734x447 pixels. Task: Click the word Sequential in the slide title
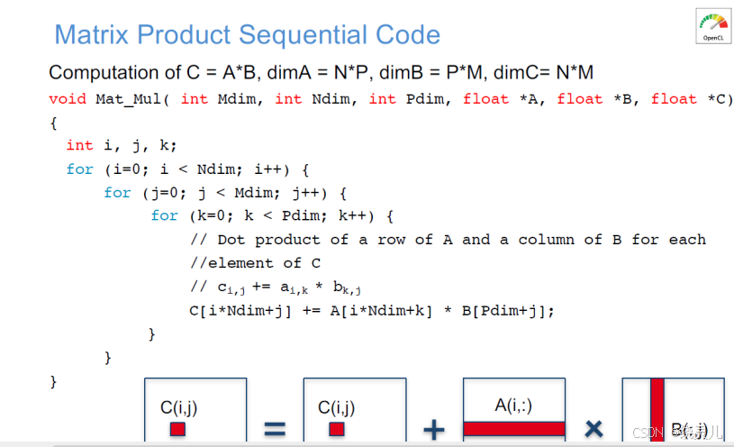click(295, 35)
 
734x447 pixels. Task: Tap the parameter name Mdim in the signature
click(236, 98)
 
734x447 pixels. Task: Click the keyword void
click(68, 98)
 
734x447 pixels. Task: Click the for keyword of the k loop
click(164, 215)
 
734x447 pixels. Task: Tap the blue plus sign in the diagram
click(433, 428)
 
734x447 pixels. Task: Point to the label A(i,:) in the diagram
click(513, 406)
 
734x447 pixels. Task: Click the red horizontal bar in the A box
click(514, 429)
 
